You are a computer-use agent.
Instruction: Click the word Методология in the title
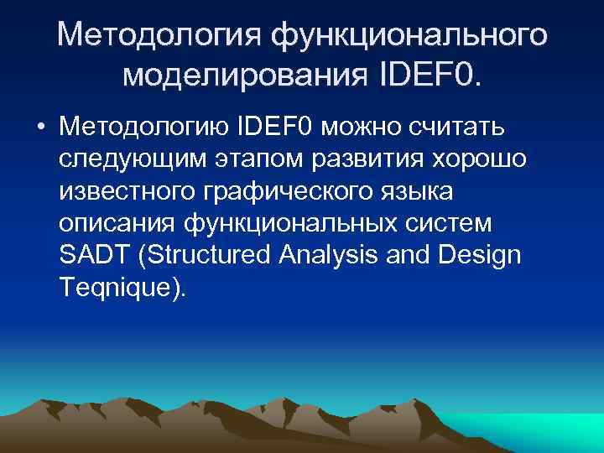(x=159, y=36)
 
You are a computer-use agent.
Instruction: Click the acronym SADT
(x=91, y=257)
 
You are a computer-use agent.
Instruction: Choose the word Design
(x=482, y=257)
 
